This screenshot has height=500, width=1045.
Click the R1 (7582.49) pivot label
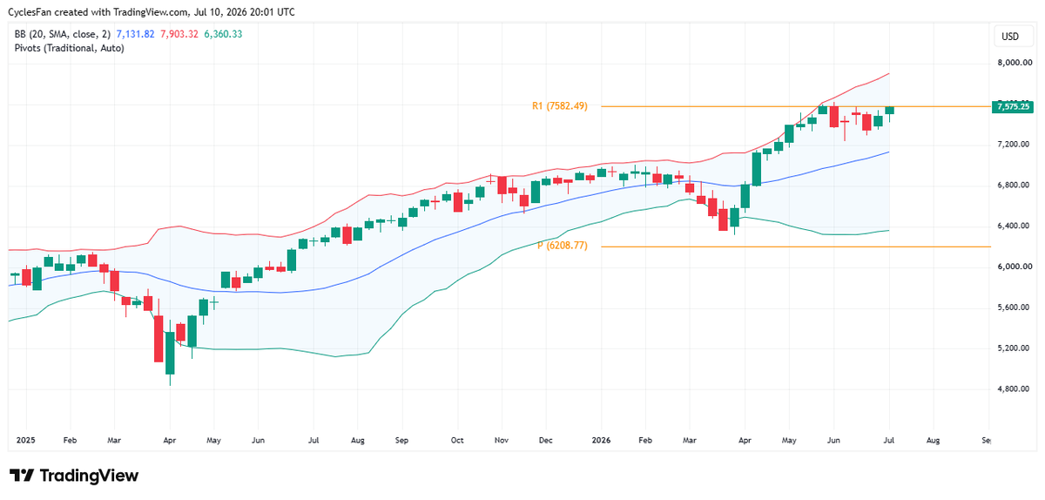tap(560, 106)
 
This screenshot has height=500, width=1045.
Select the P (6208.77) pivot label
tap(563, 246)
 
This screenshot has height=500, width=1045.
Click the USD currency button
tap(1010, 37)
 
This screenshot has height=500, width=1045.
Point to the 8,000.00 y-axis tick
tap(1015, 63)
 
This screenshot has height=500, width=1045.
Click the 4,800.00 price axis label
tap(1014, 389)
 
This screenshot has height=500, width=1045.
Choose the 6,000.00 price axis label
tap(1014, 267)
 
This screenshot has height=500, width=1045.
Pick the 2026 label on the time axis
tap(601, 440)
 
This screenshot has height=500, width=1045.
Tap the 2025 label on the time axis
tap(25, 440)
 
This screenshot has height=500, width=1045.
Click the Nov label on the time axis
tap(502, 440)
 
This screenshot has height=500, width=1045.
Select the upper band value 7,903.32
tap(179, 34)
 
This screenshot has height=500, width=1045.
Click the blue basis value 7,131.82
tap(135, 34)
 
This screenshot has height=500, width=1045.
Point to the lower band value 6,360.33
tap(223, 34)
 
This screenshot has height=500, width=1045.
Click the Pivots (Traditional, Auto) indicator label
tap(69, 48)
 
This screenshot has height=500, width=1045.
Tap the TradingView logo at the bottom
tap(74, 476)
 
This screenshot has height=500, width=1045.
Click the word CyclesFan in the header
tap(30, 12)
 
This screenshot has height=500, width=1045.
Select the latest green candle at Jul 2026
tap(889, 111)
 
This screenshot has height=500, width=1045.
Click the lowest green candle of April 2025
tap(170, 353)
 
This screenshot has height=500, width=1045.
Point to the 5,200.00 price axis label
tap(1014, 348)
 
